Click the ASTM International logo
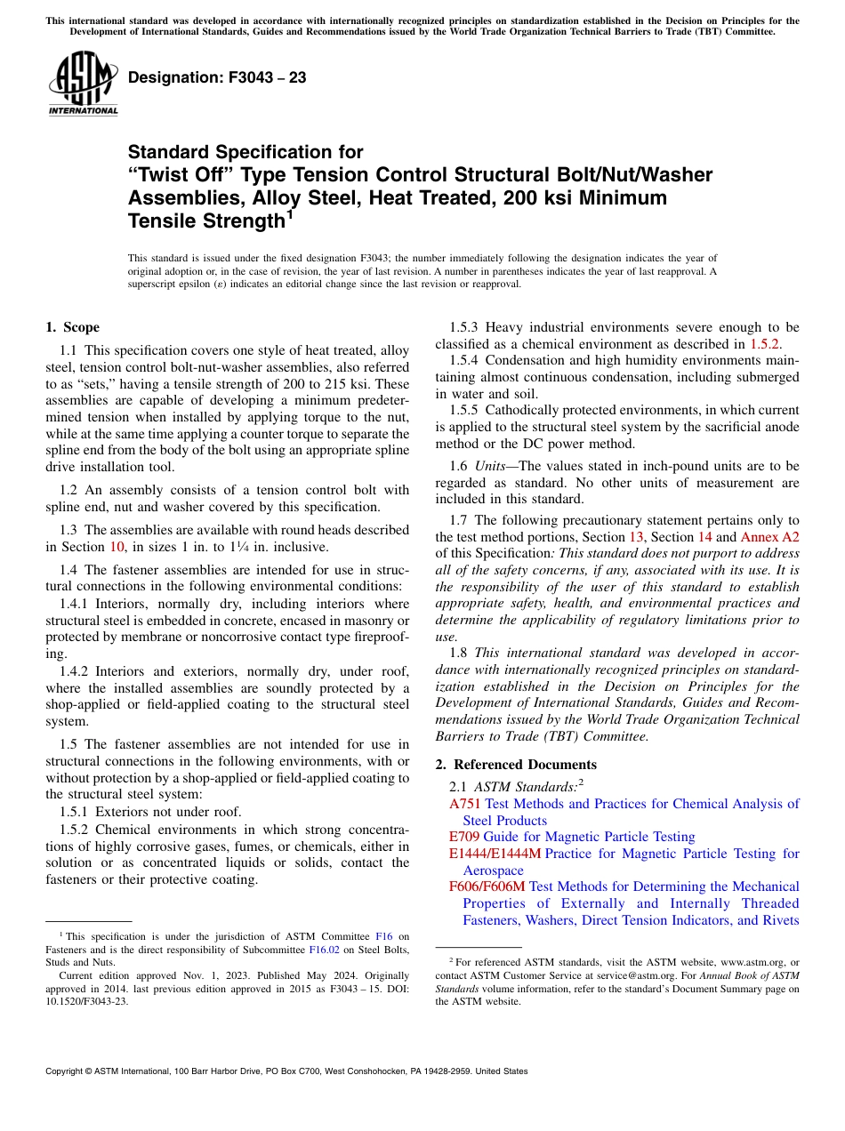click(x=83, y=84)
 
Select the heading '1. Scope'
click(x=73, y=327)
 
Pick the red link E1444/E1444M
click(x=495, y=854)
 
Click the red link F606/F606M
click(x=487, y=886)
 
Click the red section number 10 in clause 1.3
click(x=117, y=547)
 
